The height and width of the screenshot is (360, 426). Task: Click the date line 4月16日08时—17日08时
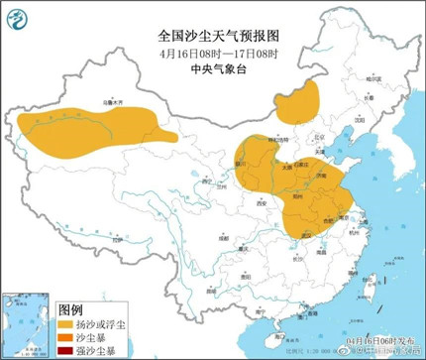click(x=214, y=52)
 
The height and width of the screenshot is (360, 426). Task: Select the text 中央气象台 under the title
click(x=214, y=68)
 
